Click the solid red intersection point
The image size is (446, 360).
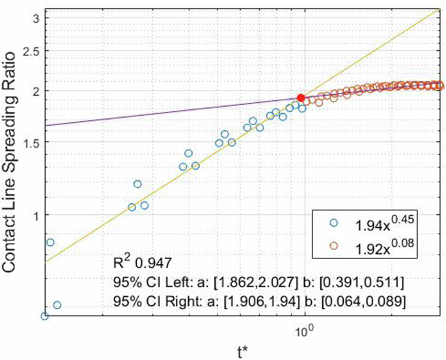coord(301,97)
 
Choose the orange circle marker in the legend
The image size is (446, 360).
coord(335,245)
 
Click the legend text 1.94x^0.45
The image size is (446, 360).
coord(386,223)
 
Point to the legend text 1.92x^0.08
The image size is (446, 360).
coord(386,245)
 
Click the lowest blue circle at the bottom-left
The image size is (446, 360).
coord(44,316)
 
